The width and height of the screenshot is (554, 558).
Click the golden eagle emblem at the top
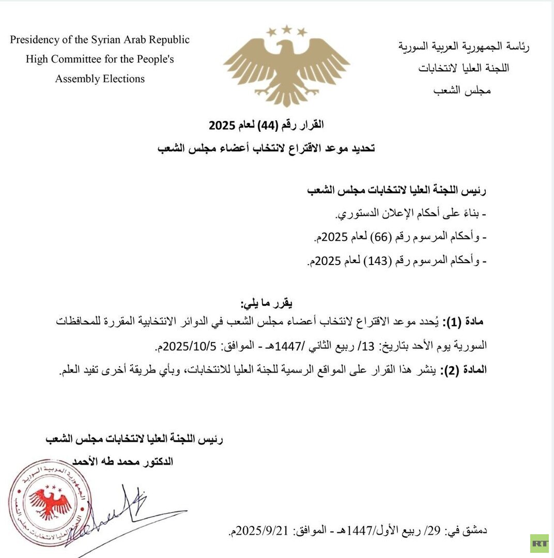click(286, 70)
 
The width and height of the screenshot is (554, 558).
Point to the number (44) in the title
click(265, 125)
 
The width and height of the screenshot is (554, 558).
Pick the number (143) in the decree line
click(374, 261)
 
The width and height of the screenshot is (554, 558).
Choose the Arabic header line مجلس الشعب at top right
click(462, 90)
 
